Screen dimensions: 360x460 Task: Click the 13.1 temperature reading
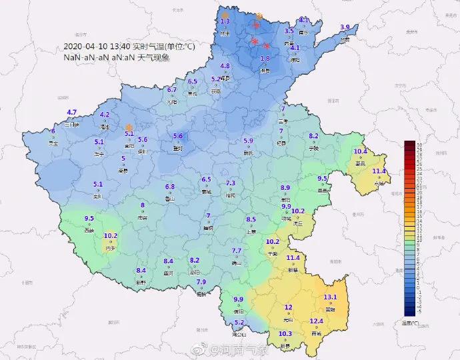[x=330, y=297]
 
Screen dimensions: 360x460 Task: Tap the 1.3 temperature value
[x=225, y=21]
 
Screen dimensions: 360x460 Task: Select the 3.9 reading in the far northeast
[x=345, y=27]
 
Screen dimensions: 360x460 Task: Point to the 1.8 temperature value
[x=265, y=59]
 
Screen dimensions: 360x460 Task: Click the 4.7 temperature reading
[x=72, y=112]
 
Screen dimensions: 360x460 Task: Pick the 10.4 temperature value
[x=360, y=151]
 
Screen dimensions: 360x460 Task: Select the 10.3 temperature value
[x=285, y=334]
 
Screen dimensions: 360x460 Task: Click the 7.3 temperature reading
[x=231, y=183]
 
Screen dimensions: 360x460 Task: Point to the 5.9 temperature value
[x=249, y=141]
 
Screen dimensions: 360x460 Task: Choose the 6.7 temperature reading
[x=172, y=89]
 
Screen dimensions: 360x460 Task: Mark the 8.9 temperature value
[x=285, y=187]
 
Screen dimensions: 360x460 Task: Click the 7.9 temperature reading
[x=201, y=283]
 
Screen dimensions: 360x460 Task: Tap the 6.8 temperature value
[x=170, y=187]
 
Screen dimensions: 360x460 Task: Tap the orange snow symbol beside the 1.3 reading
[x=225, y=13]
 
